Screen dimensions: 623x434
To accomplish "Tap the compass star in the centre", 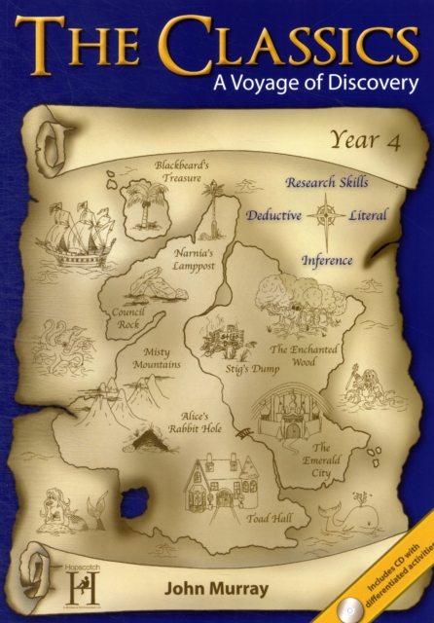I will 324,214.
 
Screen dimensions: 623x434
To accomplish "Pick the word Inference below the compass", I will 326,261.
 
